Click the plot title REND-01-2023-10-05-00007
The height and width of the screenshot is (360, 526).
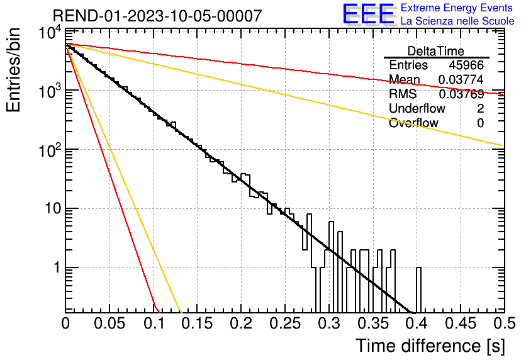[x=157, y=16]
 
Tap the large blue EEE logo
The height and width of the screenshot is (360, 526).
[x=368, y=14]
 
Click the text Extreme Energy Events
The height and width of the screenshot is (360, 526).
[x=457, y=8]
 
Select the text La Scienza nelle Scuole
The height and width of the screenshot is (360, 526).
[x=457, y=21]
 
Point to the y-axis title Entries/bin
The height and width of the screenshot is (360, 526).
[x=13, y=70]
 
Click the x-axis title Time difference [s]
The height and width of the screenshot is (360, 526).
[x=430, y=346]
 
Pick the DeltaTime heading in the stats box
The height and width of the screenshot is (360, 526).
[x=436, y=51]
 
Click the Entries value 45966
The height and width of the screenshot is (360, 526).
[x=466, y=65]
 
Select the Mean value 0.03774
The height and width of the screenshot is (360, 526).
[x=461, y=79]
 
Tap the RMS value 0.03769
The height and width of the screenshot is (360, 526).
[x=461, y=94]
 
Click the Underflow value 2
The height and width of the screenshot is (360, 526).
[x=480, y=108]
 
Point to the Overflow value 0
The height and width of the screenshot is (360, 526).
[x=480, y=123]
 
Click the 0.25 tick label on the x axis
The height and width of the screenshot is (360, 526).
[x=286, y=323]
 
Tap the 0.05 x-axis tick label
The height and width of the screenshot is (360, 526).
[x=109, y=323]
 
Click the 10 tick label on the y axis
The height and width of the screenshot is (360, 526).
[x=53, y=208]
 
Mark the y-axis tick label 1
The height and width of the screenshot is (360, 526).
[x=57, y=267]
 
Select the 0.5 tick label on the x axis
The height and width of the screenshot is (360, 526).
[x=504, y=323]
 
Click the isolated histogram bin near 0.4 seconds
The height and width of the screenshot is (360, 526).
[x=418, y=290]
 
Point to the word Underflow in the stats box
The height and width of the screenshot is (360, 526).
[x=417, y=108]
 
